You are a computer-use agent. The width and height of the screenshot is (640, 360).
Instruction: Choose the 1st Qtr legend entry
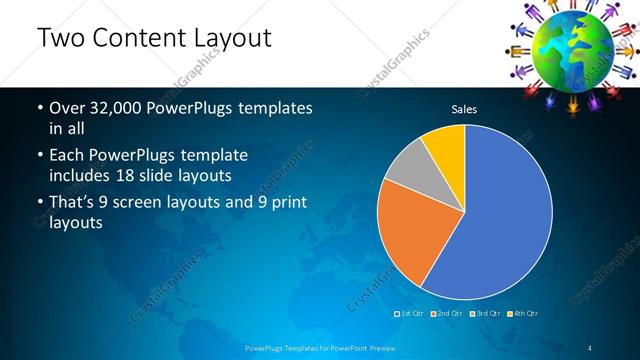coord(411,314)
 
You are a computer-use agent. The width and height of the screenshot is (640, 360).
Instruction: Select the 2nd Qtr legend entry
coord(449,314)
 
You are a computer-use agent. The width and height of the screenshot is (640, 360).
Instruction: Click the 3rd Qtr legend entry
coord(487,314)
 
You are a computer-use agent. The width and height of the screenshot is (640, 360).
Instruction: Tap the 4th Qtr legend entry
coord(525,314)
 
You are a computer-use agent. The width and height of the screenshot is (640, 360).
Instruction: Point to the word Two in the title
coord(61,39)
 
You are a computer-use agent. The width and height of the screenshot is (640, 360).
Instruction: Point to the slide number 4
coord(590,347)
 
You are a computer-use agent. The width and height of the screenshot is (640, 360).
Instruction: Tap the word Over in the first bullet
coord(68,108)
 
